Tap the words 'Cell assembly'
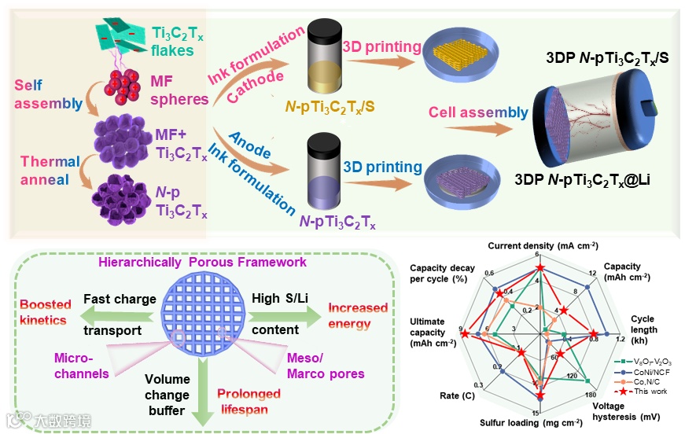click(x=478, y=112)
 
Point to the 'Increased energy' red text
click(x=358, y=314)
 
